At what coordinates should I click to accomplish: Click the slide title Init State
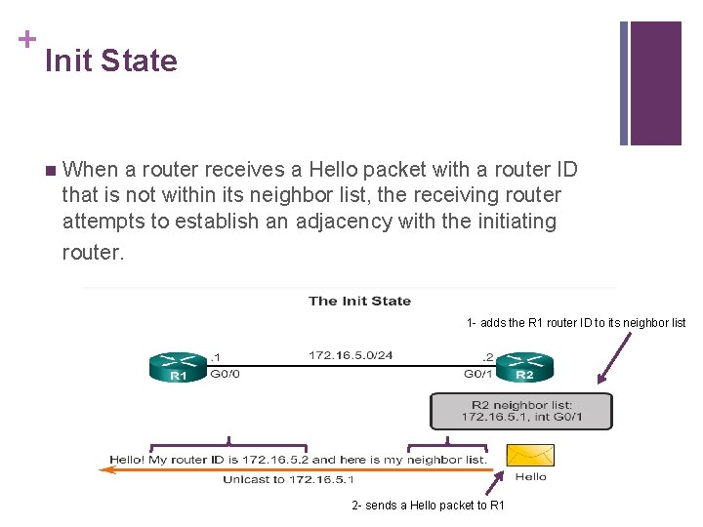click(x=111, y=61)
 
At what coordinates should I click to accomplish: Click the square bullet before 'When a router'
click(x=51, y=171)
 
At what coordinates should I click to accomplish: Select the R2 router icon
click(x=524, y=367)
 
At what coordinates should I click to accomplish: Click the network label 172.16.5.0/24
click(x=351, y=355)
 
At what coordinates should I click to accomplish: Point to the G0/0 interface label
click(x=225, y=373)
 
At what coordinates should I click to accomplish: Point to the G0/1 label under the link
click(x=478, y=373)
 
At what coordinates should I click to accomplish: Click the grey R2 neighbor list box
click(x=521, y=411)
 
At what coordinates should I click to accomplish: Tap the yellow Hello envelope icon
click(x=530, y=455)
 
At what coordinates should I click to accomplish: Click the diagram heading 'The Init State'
click(x=359, y=301)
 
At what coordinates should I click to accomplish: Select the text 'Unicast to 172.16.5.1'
click(x=288, y=479)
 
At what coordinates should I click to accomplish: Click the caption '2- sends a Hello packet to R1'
click(x=428, y=505)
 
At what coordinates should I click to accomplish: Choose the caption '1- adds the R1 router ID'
click(x=576, y=323)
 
